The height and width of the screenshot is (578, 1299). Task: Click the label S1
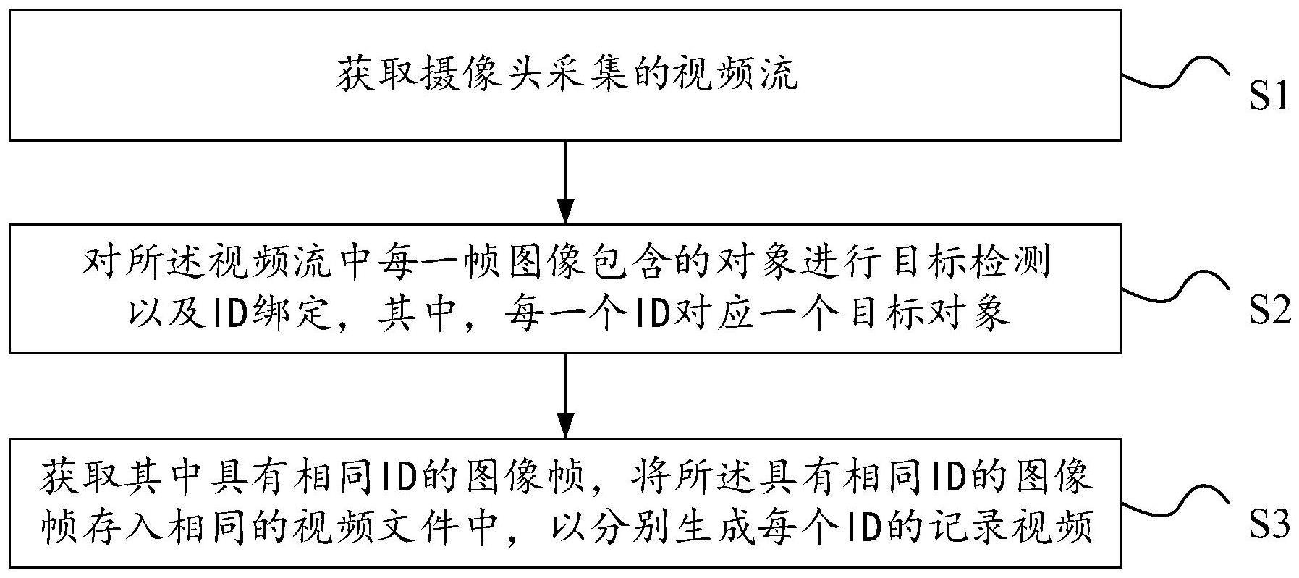click(1269, 97)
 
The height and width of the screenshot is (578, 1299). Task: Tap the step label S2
click(1269, 311)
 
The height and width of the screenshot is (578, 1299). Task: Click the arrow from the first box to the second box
click(565, 181)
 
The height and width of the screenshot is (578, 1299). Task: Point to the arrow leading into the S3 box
click(565, 395)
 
